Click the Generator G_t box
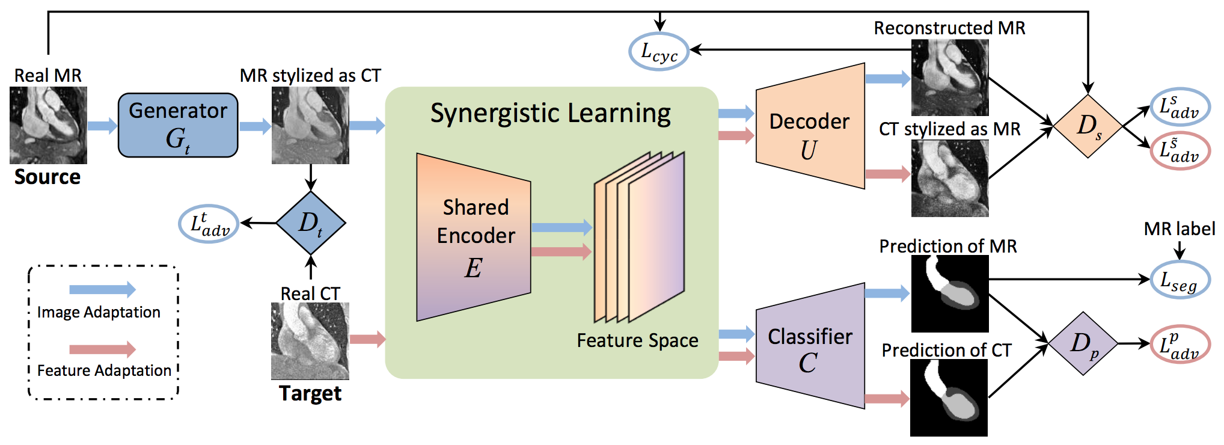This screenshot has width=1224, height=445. tap(178, 125)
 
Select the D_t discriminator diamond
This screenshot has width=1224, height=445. tap(311, 223)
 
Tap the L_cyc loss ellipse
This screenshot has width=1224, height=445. tap(659, 52)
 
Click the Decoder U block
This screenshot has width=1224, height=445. tap(810, 126)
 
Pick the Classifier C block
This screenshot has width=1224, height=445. tap(810, 346)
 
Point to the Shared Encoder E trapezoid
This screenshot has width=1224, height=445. tap(474, 238)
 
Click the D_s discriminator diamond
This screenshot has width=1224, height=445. tap(1088, 126)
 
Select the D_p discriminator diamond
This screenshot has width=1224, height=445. tap(1083, 343)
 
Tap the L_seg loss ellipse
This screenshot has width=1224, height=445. tap(1180, 280)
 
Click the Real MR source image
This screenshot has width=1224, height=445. tap(48, 125)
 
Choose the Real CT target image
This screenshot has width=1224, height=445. tap(310, 341)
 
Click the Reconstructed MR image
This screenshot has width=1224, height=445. tap(950, 78)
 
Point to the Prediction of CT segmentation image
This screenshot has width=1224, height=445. tap(949, 398)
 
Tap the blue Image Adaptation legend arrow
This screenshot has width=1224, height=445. tap(102, 289)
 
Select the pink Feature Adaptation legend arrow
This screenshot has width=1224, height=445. tap(102, 349)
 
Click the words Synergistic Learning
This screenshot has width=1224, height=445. tap(551, 114)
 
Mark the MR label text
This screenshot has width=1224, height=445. tap(1180, 229)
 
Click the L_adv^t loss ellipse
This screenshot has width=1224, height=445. tap(209, 224)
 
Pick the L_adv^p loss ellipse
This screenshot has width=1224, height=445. tap(1180, 343)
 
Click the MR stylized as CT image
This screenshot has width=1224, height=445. tap(310, 125)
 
